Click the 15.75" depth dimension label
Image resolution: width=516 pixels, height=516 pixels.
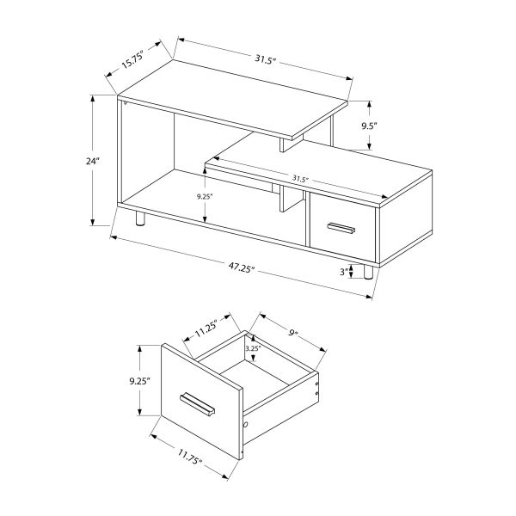(x=132, y=60)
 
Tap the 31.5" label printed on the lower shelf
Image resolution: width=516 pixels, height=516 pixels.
(x=299, y=178)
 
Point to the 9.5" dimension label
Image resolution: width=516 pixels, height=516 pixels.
(x=370, y=126)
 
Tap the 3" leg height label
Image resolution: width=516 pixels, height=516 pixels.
(x=344, y=273)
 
